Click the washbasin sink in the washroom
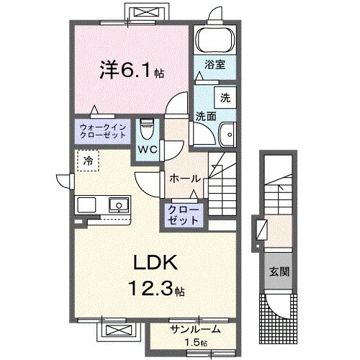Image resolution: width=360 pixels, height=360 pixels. tap(228, 133)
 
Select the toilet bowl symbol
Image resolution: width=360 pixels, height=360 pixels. tap(148, 130)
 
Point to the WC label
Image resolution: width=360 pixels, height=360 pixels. tap(148, 150)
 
